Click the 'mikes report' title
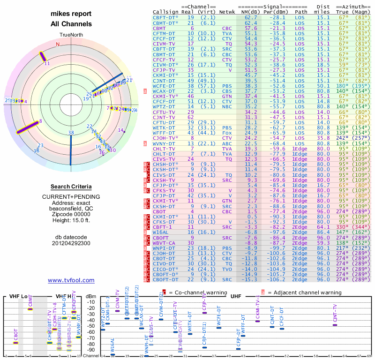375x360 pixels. [x=71, y=14]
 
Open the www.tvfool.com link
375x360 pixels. [x=71, y=280]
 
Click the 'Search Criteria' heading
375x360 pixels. [x=71, y=187]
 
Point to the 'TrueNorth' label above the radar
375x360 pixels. [x=71, y=35]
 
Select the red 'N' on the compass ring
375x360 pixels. [x=58, y=45]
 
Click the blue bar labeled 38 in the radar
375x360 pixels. [x=71, y=150]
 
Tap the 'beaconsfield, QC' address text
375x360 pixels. [x=71, y=209]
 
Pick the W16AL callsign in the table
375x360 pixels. [x=160, y=232]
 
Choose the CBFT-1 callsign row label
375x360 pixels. [x=162, y=226]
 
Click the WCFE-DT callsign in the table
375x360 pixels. [x=163, y=86]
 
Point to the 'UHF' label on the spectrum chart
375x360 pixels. [x=235, y=296]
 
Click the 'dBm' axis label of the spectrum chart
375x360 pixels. [x=90, y=296]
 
